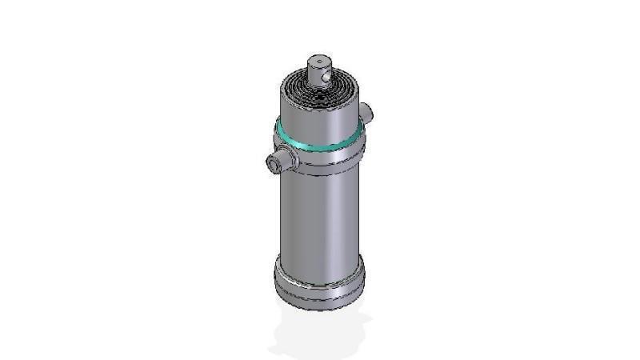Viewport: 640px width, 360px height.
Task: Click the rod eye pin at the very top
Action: click(x=320, y=70)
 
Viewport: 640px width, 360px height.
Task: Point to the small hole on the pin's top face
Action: click(x=318, y=60)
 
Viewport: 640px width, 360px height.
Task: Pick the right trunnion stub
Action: click(x=366, y=110)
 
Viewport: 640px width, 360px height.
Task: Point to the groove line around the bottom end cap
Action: click(x=320, y=297)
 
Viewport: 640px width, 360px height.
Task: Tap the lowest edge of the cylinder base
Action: click(x=320, y=310)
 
